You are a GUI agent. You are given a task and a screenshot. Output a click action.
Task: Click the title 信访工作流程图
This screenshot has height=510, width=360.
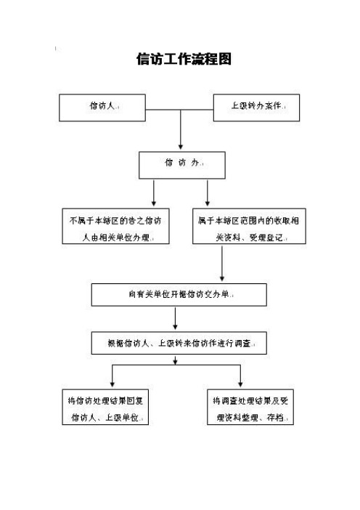point(184,60)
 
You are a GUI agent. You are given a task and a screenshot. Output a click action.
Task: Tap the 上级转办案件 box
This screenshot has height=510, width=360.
point(255,107)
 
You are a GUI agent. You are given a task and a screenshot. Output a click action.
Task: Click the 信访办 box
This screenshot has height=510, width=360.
point(182,164)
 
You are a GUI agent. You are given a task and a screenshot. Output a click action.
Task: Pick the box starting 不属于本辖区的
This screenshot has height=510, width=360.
point(116,227)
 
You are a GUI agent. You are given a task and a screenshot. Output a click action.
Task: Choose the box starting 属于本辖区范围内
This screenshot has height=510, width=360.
point(250,227)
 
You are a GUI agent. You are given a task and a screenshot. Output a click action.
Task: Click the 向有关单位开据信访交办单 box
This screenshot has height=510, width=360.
point(179,294)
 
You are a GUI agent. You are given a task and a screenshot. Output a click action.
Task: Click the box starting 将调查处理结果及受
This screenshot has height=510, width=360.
point(250,408)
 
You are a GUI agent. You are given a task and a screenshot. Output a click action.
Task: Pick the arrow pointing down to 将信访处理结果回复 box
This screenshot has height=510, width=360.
point(112,376)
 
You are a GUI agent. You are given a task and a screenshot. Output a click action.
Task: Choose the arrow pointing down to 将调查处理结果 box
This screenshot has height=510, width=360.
point(240,376)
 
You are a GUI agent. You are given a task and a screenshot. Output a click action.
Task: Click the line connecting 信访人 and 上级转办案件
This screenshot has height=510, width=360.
point(181,107)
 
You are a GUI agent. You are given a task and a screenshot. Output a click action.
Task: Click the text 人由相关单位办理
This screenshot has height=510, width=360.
point(116,238)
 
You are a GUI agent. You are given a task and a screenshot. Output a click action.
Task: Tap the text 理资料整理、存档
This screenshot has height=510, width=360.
point(250,418)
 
